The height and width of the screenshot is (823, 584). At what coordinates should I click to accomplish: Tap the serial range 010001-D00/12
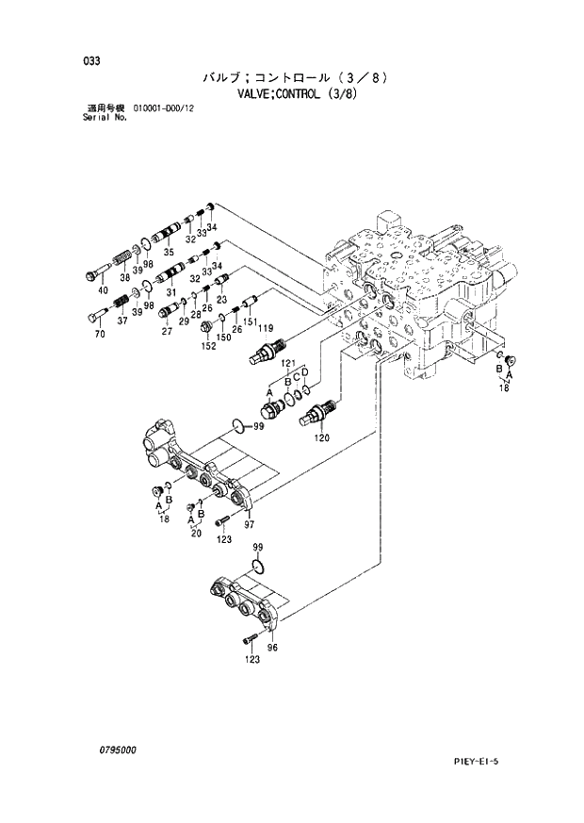click(170, 110)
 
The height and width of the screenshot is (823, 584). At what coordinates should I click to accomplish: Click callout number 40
click(103, 289)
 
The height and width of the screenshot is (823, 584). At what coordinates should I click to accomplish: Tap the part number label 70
click(102, 332)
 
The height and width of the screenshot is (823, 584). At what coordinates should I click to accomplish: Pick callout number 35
click(169, 253)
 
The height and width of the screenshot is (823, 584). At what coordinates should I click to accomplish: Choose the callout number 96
click(273, 648)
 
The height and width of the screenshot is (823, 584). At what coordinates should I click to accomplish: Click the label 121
click(288, 363)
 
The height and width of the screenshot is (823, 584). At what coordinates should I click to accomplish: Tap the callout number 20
click(196, 533)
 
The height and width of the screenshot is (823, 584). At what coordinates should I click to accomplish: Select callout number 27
click(167, 331)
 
